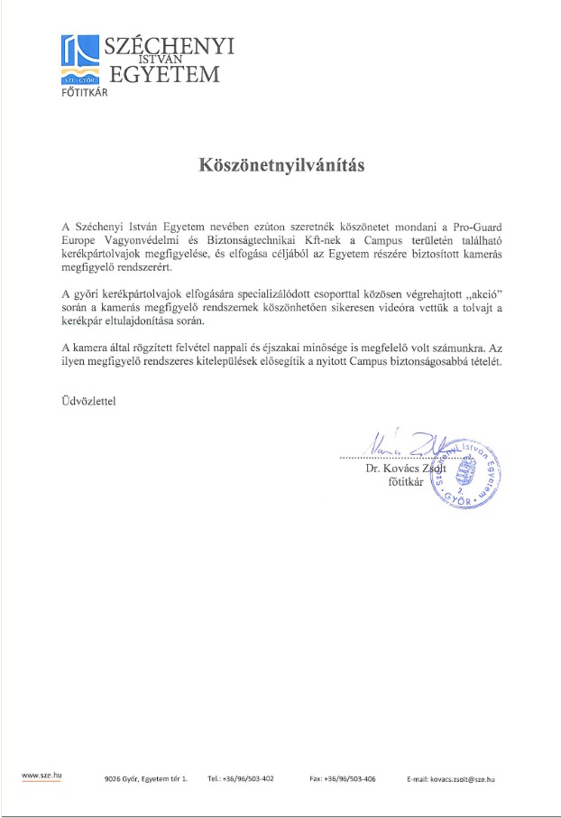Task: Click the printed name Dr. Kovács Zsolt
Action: click(404, 469)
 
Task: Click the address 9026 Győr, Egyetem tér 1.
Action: click(146, 777)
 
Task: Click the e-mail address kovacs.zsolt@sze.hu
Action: click(451, 777)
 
